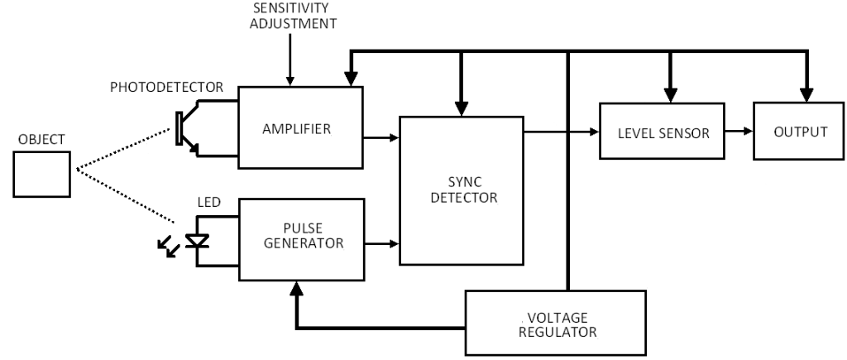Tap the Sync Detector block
462,190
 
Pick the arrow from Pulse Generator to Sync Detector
381,244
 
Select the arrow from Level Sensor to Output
738,132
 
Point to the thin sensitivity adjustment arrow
290,58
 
